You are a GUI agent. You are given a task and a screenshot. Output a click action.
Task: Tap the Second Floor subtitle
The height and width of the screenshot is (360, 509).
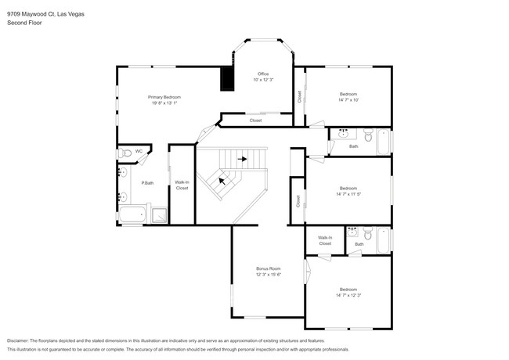(24, 23)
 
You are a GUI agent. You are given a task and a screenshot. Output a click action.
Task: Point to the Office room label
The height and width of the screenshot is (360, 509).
(263, 74)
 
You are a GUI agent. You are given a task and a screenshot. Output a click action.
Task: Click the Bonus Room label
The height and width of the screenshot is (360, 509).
(268, 268)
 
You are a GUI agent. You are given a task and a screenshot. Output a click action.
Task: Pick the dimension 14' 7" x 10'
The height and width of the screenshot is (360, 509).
(348, 99)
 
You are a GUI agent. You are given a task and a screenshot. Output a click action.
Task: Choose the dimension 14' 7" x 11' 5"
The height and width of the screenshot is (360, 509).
(348, 193)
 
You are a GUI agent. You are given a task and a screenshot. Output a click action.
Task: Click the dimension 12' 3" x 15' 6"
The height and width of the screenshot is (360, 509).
(268, 275)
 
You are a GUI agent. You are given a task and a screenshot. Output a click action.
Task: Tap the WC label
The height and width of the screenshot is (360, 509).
(139, 151)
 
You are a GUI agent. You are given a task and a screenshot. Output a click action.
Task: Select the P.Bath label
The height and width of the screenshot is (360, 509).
(146, 183)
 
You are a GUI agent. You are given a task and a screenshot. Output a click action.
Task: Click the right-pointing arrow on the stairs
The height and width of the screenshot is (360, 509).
(244, 159)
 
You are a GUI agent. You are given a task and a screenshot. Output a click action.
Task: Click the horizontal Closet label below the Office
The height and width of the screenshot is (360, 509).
(255, 121)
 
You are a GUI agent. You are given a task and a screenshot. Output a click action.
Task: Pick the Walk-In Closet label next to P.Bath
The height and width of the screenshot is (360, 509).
(182, 185)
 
